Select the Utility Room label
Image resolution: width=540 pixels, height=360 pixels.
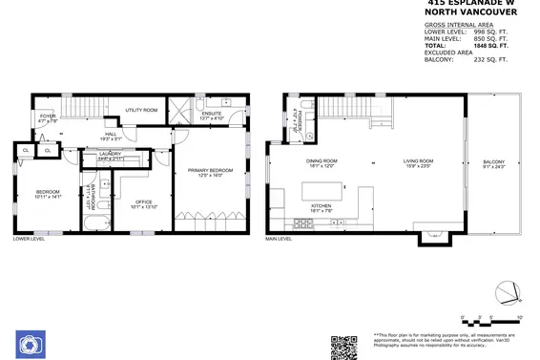pyautogui.click(x=140, y=111)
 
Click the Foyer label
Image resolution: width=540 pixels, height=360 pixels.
pyautogui.click(x=48, y=119)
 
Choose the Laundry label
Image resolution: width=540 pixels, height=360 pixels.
pyautogui.click(x=110, y=155)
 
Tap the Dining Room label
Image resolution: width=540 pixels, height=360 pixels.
pyautogui.click(x=322, y=162)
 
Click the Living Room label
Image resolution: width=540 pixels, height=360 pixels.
pyautogui.click(x=418, y=162)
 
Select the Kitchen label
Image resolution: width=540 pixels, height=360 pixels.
pyautogui.click(x=322, y=208)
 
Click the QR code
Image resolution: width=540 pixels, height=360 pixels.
pyautogui.click(x=343, y=346)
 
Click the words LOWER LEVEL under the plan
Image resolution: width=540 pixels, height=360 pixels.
pyautogui.click(x=30, y=239)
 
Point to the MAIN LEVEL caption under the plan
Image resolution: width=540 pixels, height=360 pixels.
pyautogui.click(x=279, y=239)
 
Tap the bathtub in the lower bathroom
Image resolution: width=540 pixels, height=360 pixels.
pyautogui.click(x=93, y=225)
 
